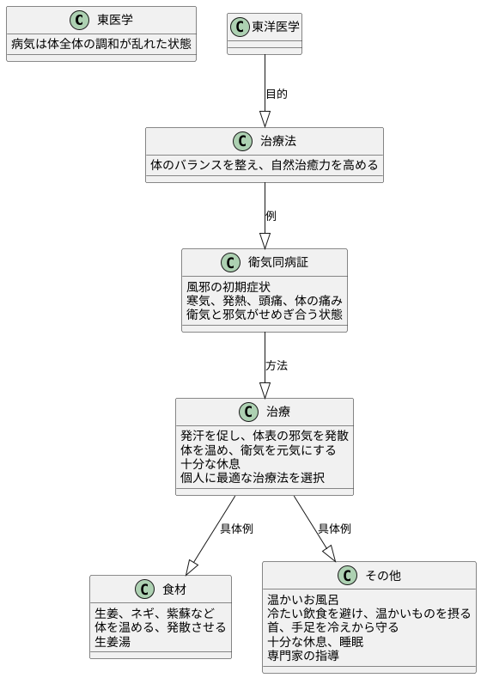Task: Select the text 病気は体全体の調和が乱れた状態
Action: pyautogui.click(x=101, y=44)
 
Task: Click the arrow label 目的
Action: pyautogui.click(x=277, y=94)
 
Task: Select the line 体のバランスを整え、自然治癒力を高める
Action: pyautogui.click(x=264, y=164)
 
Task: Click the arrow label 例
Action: pyautogui.click(x=271, y=216)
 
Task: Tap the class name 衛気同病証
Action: pyautogui.click(x=278, y=263)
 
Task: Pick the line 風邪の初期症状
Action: pyautogui.click(x=228, y=286)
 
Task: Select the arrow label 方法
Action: pyautogui.click(x=277, y=365)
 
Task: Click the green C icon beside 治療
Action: pyautogui.click(x=249, y=412)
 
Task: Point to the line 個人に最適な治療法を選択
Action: pyautogui.click(x=252, y=477)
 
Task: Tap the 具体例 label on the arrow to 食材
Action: pyautogui.click(x=236, y=528)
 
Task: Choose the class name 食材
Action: pyautogui.click(x=174, y=589)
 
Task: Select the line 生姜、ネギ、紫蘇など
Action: pyautogui.click(x=154, y=613)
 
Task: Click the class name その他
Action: pyautogui.click(x=382, y=575)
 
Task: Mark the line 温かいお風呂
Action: pyautogui.click(x=302, y=599)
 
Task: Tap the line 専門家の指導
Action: pyautogui.click(x=302, y=655)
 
